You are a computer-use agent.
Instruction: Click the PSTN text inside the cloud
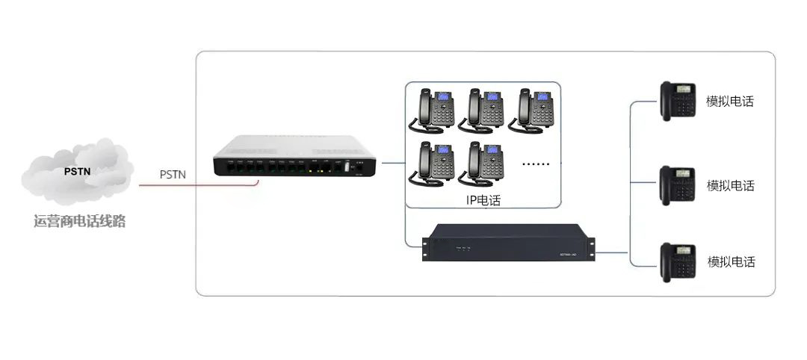point(78,171)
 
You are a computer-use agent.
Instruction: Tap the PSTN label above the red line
point(173,175)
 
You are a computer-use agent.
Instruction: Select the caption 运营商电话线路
point(79,222)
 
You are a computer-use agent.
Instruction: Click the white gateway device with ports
point(291,156)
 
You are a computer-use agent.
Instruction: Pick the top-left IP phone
point(433,109)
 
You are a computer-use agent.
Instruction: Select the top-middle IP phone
point(483,109)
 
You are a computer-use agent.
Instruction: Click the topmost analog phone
point(678,100)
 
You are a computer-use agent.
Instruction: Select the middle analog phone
point(678,184)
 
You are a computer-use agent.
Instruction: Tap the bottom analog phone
point(678,261)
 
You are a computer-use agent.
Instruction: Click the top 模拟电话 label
point(730,102)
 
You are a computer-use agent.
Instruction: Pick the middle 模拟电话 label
point(731,186)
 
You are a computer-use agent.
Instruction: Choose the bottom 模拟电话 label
point(731,262)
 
